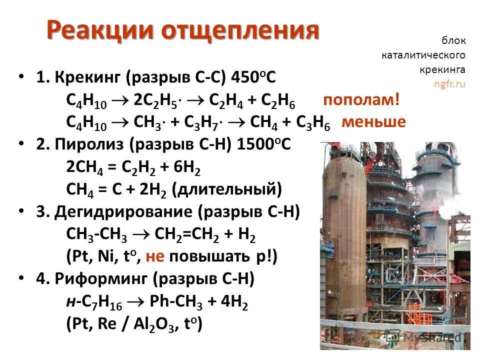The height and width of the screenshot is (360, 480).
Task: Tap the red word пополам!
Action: click(361, 100)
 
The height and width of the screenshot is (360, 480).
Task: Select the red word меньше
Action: click(373, 122)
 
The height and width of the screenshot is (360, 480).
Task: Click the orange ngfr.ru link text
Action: click(449, 84)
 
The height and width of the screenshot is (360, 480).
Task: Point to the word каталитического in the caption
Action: click(423, 54)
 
